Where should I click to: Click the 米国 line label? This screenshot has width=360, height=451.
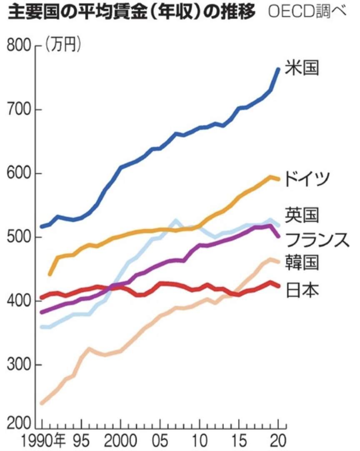[302, 68]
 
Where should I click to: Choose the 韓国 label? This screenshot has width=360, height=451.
[302, 263]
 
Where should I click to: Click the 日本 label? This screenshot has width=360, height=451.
[302, 289]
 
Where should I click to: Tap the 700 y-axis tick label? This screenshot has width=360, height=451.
[19, 110]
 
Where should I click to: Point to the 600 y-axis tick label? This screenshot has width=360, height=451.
[19, 174]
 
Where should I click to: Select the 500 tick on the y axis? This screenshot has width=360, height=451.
[19, 238]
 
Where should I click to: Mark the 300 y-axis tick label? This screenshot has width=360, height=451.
[19, 365]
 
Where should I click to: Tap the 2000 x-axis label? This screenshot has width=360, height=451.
[120, 440]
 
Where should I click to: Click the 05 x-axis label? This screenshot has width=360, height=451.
[160, 440]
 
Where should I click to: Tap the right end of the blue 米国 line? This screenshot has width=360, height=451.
[278, 68]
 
